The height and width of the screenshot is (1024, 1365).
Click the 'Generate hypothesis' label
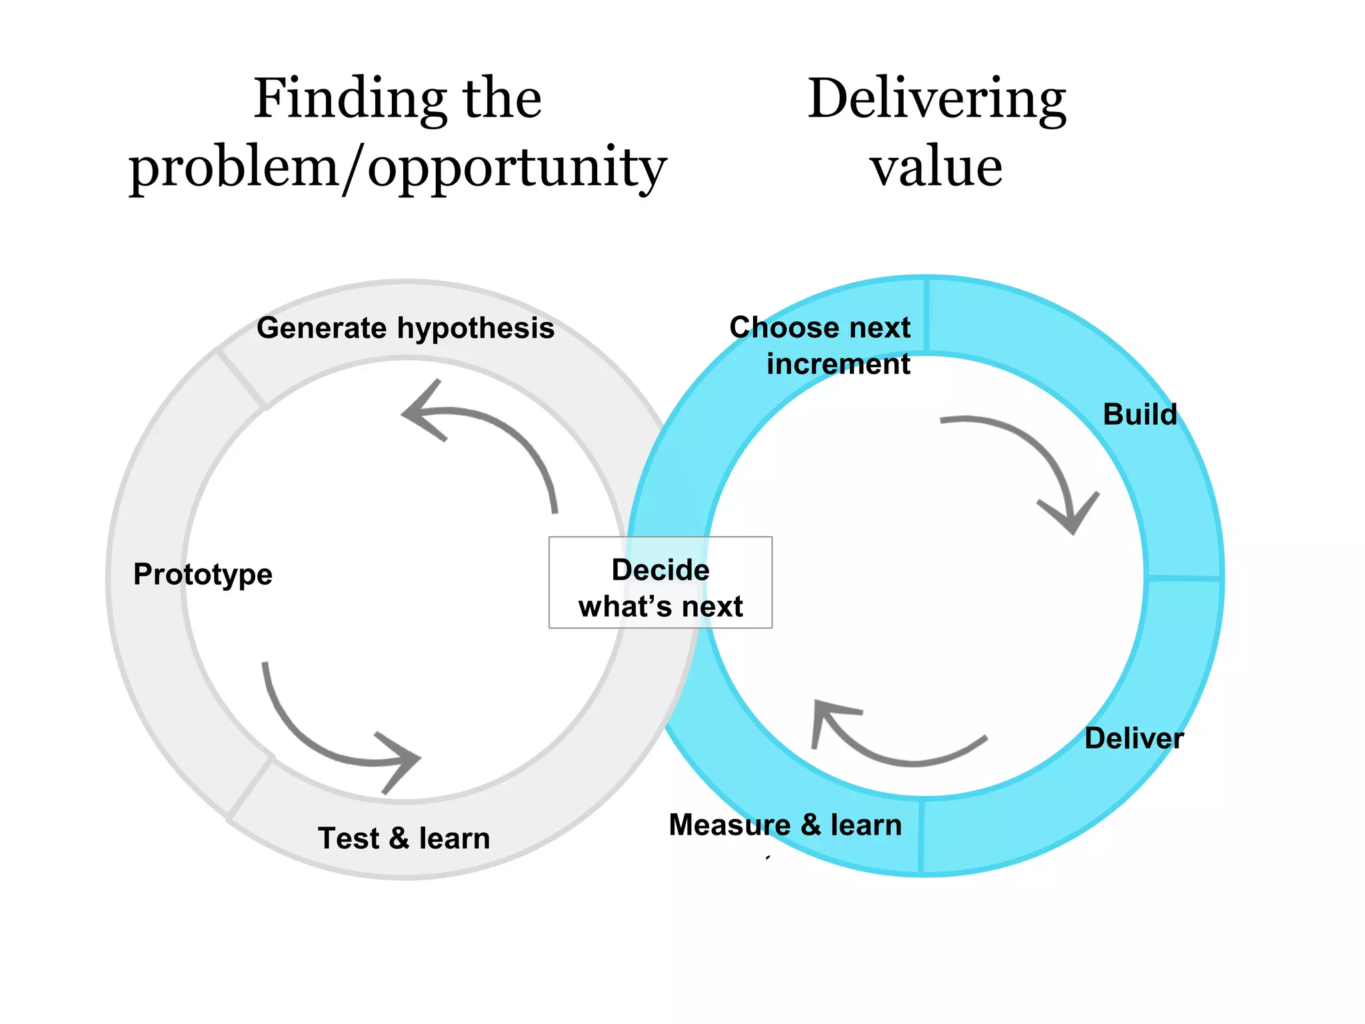click(405, 328)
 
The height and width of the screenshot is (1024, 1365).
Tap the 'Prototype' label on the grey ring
click(203, 574)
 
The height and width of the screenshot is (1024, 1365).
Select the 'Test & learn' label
click(404, 838)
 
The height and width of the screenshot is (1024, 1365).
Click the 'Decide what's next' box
click(660, 583)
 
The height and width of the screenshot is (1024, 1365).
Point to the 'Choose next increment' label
click(821, 345)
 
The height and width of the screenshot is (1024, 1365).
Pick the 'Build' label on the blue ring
click(1140, 414)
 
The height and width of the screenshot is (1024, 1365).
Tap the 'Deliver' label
click(1134, 738)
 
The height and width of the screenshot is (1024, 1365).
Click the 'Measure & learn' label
click(785, 825)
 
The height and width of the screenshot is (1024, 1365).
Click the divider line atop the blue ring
click(926, 315)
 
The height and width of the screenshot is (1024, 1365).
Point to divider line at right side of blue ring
click(1184, 577)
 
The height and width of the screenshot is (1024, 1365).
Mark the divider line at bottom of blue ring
click(921, 836)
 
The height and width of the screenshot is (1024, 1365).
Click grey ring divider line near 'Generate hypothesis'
click(241, 379)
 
